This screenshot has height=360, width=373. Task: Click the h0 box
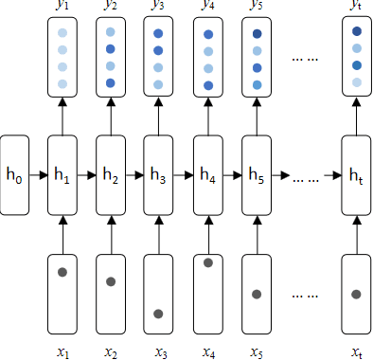(x=15, y=173)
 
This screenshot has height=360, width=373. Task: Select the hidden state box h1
(x=62, y=173)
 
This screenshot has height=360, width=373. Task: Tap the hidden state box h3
(x=158, y=173)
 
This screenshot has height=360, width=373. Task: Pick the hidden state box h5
(x=256, y=173)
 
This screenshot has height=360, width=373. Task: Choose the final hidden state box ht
(x=356, y=173)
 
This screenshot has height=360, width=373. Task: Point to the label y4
(x=208, y=8)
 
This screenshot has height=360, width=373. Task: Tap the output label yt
(x=356, y=8)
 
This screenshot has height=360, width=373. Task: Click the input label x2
(x=111, y=351)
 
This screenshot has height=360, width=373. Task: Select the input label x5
(x=256, y=351)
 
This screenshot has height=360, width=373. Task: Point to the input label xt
(x=356, y=351)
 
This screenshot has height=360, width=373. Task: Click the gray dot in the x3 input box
(x=158, y=314)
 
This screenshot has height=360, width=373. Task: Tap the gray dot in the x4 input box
(x=208, y=262)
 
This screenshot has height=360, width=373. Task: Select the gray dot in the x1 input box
(x=62, y=272)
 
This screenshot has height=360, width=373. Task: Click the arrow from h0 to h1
(x=38, y=174)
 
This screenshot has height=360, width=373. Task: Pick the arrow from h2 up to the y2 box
(x=111, y=115)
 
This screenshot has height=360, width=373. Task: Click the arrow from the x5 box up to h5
(x=256, y=232)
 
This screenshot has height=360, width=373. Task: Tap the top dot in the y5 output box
(x=256, y=34)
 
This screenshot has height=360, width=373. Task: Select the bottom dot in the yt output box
(x=356, y=83)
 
